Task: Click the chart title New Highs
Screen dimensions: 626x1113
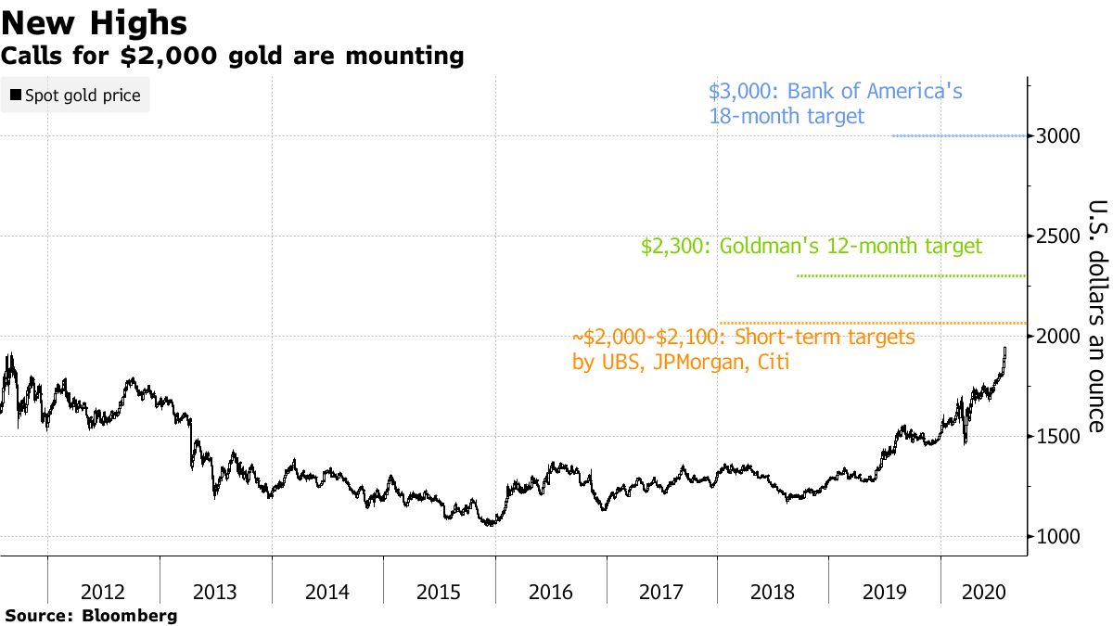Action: tap(95, 23)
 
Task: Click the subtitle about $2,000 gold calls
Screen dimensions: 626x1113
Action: tap(232, 57)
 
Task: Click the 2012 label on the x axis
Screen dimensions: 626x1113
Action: tap(103, 591)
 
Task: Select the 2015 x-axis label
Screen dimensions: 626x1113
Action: tap(439, 591)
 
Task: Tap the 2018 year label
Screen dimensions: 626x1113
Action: tap(774, 591)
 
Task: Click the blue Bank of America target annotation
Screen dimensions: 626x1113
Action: tap(835, 104)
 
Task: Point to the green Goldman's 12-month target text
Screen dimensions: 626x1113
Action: tap(811, 247)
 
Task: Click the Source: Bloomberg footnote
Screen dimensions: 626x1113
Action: tap(90, 615)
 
